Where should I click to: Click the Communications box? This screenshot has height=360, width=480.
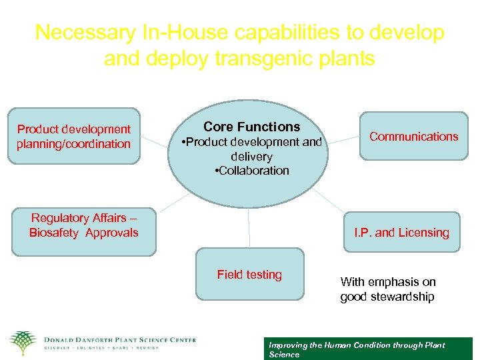point(413,137)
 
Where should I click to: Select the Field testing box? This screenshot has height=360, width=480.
point(249,274)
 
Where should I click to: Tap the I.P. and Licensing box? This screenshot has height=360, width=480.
point(401,232)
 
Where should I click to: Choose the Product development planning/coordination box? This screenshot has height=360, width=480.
point(74,136)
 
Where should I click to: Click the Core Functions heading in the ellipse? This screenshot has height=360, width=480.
point(251,127)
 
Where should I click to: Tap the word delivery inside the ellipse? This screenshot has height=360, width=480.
point(251,157)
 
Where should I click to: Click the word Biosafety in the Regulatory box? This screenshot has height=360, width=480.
point(54,233)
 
